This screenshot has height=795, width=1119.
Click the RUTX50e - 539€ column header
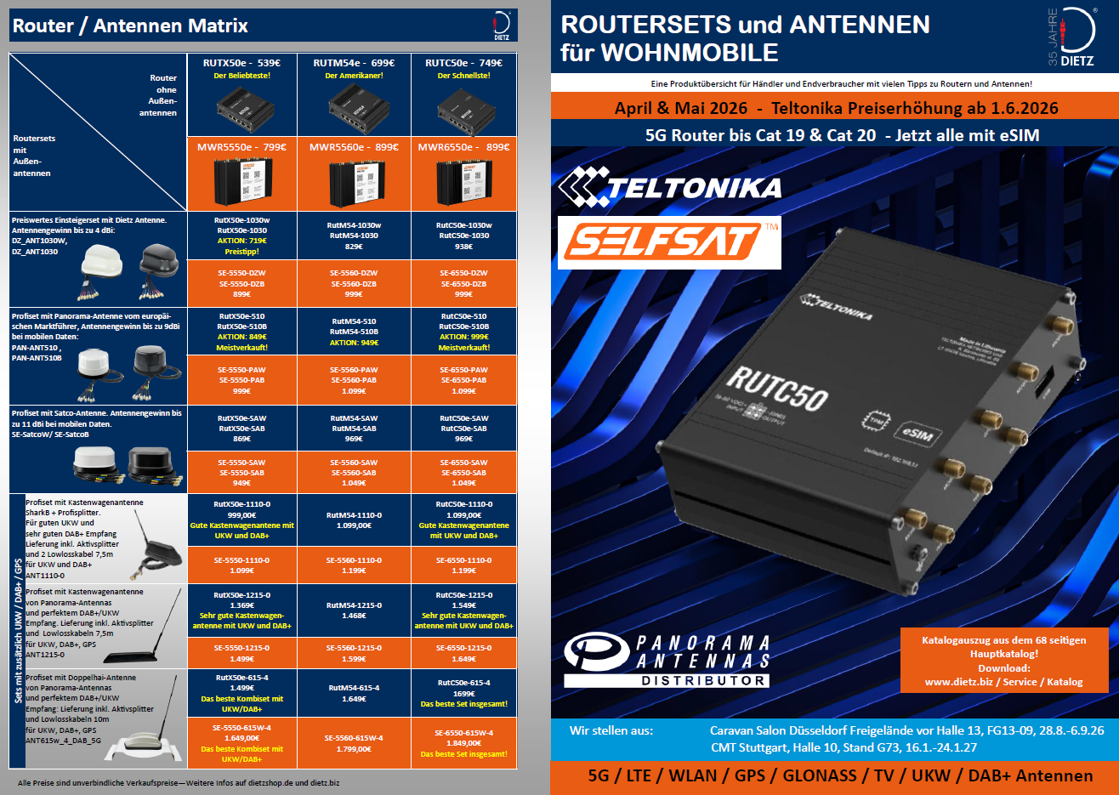point(241,63)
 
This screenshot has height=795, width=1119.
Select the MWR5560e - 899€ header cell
point(354,147)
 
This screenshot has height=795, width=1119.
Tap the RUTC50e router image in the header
point(463,110)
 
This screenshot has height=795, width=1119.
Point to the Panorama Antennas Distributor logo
point(667,660)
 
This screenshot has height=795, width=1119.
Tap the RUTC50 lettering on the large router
point(776,389)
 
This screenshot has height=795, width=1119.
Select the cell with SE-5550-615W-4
point(242,744)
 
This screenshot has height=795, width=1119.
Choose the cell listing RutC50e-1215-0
point(463,610)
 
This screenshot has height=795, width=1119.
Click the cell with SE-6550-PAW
point(463,380)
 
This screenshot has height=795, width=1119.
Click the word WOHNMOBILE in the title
point(690,53)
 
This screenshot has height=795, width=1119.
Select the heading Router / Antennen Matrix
point(130,26)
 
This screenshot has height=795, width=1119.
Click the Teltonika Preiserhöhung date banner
point(836,108)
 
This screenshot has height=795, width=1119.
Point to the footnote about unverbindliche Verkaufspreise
point(179,782)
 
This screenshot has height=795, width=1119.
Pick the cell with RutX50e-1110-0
point(242,520)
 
